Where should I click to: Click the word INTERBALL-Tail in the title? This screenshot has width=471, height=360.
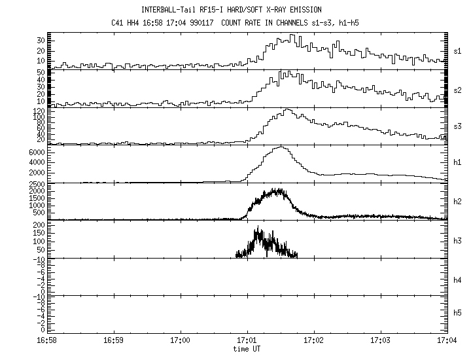167,10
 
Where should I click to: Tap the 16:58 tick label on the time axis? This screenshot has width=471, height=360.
52,341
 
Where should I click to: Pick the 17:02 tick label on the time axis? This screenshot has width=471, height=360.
313,341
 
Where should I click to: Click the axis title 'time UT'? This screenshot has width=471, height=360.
247,349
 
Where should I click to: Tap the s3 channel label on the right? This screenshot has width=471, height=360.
459,125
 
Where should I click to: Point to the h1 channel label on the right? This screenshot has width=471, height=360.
459,163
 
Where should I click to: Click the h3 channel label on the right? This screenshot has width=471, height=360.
459,239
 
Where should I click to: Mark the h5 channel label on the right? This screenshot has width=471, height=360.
459,313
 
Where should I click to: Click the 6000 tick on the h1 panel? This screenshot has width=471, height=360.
36,152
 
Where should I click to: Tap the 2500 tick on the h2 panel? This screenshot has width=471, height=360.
36,185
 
